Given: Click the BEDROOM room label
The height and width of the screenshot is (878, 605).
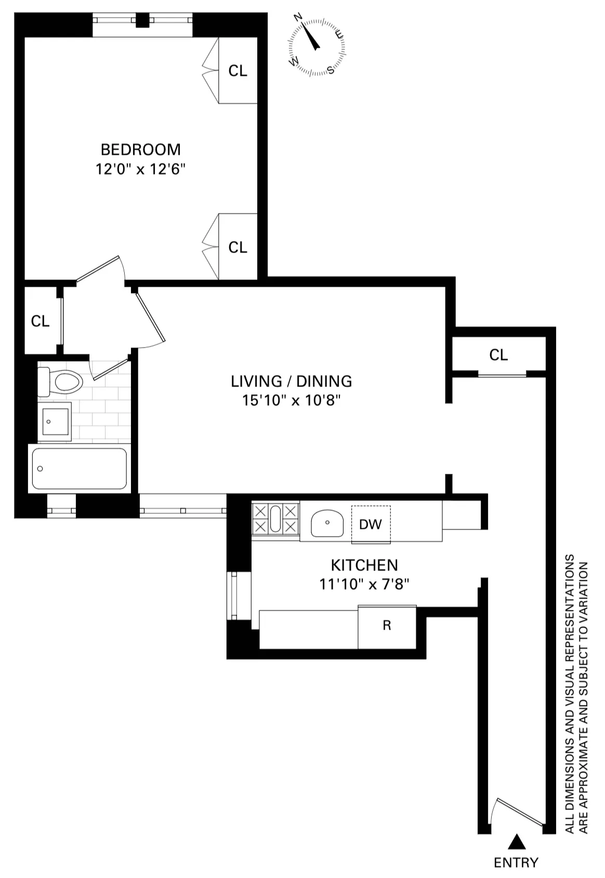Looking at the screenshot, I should coord(140,150).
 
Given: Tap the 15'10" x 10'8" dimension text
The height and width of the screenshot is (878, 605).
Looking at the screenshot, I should coord(291,401).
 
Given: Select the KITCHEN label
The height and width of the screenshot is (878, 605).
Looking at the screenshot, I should coord(364,565).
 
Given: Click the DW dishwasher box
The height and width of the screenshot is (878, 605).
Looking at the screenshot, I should coord(371,524).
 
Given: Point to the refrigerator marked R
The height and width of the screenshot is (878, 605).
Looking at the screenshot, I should coord(387,627).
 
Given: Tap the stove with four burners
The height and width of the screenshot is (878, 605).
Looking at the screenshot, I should coord(275,519).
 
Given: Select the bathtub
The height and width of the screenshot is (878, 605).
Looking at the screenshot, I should coord(79,469).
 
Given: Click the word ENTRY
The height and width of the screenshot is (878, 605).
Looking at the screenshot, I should coord(516,863).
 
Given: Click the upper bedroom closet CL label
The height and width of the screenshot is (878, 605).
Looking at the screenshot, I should coord(238,71).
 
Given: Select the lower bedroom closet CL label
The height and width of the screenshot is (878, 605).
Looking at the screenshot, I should coord(238,247).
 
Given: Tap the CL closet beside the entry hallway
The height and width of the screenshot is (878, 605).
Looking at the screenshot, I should coord(498,355).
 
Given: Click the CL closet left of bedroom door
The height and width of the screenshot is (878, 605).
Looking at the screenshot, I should coord(40,322).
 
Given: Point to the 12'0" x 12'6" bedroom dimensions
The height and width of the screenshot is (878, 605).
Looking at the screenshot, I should coord(140,169).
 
